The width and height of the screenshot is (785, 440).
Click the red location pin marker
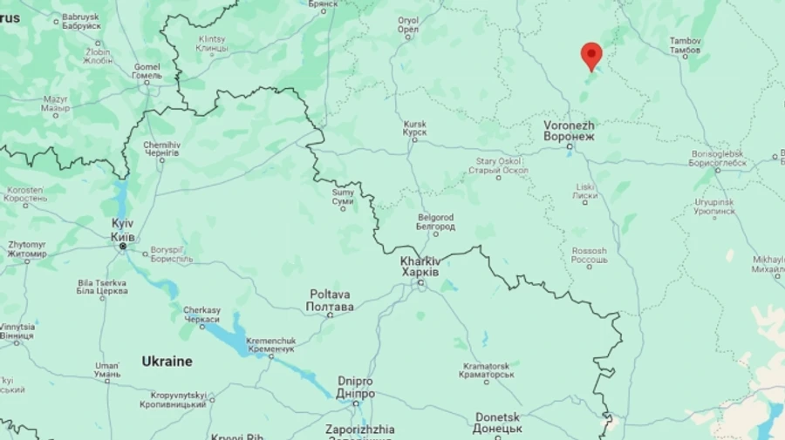(x=591, y=55)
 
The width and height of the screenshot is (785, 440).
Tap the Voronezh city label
(x=568, y=131)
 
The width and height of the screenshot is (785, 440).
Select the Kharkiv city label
(x=420, y=267)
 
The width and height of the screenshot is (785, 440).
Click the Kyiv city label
(x=122, y=231)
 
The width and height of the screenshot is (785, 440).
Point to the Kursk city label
(x=414, y=130)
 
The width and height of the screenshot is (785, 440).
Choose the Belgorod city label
(x=435, y=221)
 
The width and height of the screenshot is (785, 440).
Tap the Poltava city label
(x=330, y=301)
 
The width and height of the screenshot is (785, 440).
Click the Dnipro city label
(x=355, y=388)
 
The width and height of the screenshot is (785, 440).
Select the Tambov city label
(x=685, y=46)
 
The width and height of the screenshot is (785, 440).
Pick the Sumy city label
(x=343, y=197)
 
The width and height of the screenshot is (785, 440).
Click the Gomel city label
(x=147, y=71)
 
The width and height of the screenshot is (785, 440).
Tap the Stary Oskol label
(x=498, y=166)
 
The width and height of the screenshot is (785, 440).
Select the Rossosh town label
(x=589, y=256)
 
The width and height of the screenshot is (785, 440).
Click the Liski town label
(x=584, y=192)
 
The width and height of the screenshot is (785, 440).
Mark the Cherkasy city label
(x=201, y=315)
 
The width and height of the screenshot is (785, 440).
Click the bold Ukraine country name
(x=167, y=361)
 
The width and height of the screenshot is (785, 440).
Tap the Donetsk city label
(x=498, y=423)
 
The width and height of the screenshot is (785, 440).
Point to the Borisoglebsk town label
(x=718, y=158)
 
